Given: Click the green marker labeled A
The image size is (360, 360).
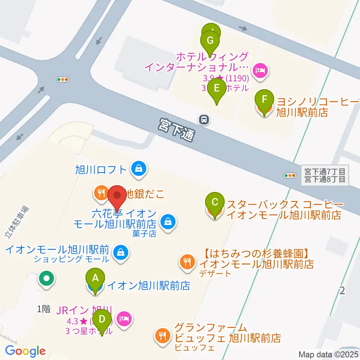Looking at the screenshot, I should [x=95, y=278].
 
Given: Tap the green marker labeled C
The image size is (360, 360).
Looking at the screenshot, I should [x=214, y=202].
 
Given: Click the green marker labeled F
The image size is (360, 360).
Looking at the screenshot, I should [x=264, y=99].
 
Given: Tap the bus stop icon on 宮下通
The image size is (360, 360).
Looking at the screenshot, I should [x=204, y=120].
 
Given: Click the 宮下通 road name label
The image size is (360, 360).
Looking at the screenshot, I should [x=176, y=130].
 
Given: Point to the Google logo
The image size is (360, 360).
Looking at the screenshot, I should [x=25, y=351].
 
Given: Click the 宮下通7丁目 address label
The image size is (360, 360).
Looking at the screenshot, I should [x=325, y=171].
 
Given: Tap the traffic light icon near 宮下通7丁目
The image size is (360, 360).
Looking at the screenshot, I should [x=290, y=175].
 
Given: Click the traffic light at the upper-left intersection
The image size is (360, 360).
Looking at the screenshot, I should [x=62, y=79].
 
